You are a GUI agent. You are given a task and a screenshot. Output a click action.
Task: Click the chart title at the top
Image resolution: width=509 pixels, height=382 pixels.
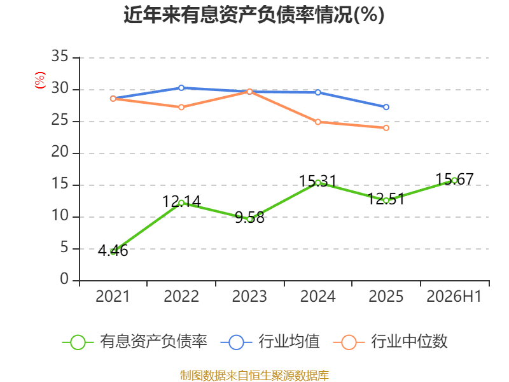pos(254,15)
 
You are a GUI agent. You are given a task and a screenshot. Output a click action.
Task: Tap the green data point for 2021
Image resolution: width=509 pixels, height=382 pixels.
pos(113,251)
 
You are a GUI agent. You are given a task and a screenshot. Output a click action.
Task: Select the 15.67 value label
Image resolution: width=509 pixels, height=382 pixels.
pos(454,180)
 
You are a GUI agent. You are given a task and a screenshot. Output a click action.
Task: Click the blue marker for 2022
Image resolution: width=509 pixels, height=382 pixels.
pos(181,88)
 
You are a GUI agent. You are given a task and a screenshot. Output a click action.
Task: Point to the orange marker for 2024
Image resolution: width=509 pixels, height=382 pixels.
pos(318,122)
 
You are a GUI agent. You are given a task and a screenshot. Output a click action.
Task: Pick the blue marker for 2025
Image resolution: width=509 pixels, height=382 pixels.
pos(386,107)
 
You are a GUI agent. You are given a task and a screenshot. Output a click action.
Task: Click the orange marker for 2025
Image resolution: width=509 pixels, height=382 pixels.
pos(386,128)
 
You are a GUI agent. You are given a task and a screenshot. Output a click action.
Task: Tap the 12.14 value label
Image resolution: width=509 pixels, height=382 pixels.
pos(181,201)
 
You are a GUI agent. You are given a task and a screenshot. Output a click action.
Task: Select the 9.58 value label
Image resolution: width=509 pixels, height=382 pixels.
pos(249,218)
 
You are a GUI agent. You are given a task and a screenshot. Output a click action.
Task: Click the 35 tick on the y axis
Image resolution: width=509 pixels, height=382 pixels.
pos(60,56)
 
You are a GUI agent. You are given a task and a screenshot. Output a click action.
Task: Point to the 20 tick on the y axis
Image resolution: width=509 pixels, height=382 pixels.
pos(60,152)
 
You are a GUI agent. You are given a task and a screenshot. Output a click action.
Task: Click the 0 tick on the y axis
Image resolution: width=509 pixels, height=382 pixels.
pos(64,279)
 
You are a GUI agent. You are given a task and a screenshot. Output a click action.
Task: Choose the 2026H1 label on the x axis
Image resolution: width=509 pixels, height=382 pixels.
pos(454,296)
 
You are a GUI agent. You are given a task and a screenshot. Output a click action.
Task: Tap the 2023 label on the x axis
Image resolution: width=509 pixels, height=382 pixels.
pos(249,296)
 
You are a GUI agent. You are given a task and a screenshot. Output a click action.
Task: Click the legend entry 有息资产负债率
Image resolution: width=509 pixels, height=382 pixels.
pos(135,342)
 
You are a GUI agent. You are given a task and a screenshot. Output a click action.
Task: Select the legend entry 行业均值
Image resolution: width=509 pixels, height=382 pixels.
pos(270,342)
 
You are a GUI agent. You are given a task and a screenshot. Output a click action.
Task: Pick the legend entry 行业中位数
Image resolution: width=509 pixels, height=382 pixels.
pos(391,342)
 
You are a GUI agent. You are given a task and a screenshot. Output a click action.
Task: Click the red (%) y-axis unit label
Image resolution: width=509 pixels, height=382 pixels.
pos(40,80)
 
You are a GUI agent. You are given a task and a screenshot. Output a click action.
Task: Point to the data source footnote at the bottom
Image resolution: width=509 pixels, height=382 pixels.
pos(254,376)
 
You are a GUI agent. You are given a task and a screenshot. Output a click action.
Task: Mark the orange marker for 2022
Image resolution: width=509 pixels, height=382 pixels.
pos(181,107)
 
